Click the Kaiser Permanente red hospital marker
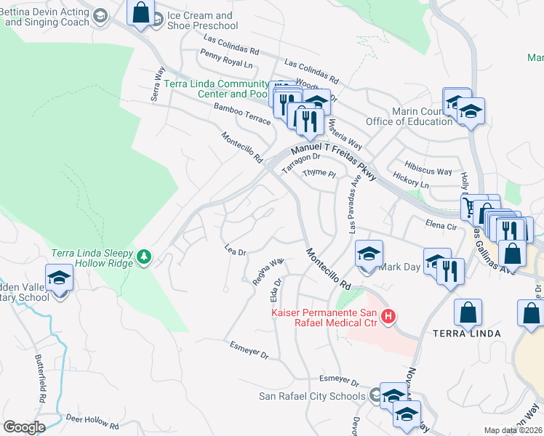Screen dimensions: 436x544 click(388, 316)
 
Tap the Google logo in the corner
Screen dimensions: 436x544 click(24, 427)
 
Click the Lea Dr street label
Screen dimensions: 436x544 click(236, 251)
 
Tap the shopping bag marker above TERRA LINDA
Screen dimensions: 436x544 click(468, 312)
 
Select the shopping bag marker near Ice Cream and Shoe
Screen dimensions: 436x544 click(141, 13)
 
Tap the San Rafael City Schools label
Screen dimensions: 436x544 click(312, 396)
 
